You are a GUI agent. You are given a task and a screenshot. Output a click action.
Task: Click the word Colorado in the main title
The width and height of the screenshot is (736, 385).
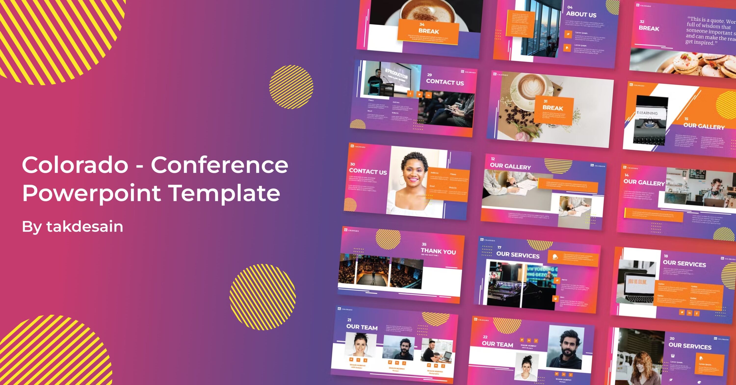[x=75, y=165]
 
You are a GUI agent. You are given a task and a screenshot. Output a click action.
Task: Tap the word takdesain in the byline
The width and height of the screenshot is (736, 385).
[x=85, y=227]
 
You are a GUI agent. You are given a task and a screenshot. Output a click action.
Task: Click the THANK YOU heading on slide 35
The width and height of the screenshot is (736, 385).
[x=438, y=251]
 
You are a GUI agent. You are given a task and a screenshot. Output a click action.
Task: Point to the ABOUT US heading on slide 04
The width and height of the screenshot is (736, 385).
[x=581, y=14]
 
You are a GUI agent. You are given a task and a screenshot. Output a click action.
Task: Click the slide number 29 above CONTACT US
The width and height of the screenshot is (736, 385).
[x=429, y=75]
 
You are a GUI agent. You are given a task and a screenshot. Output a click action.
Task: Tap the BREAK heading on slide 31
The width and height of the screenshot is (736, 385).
[x=552, y=108]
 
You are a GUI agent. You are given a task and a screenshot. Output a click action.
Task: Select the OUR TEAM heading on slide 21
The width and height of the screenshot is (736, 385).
[x=362, y=327]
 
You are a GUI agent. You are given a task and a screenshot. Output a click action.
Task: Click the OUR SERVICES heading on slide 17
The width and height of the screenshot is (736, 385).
[x=518, y=255]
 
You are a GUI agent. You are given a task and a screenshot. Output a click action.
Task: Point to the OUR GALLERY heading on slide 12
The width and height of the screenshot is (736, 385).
[x=510, y=166]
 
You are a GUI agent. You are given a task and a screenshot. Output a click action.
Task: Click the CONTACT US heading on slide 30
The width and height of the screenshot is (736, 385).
[x=368, y=171]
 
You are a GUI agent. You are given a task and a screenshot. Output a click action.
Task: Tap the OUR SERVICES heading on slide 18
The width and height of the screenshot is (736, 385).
[x=684, y=264]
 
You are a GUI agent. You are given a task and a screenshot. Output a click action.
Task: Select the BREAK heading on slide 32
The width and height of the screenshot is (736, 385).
[x=649, y=28]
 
